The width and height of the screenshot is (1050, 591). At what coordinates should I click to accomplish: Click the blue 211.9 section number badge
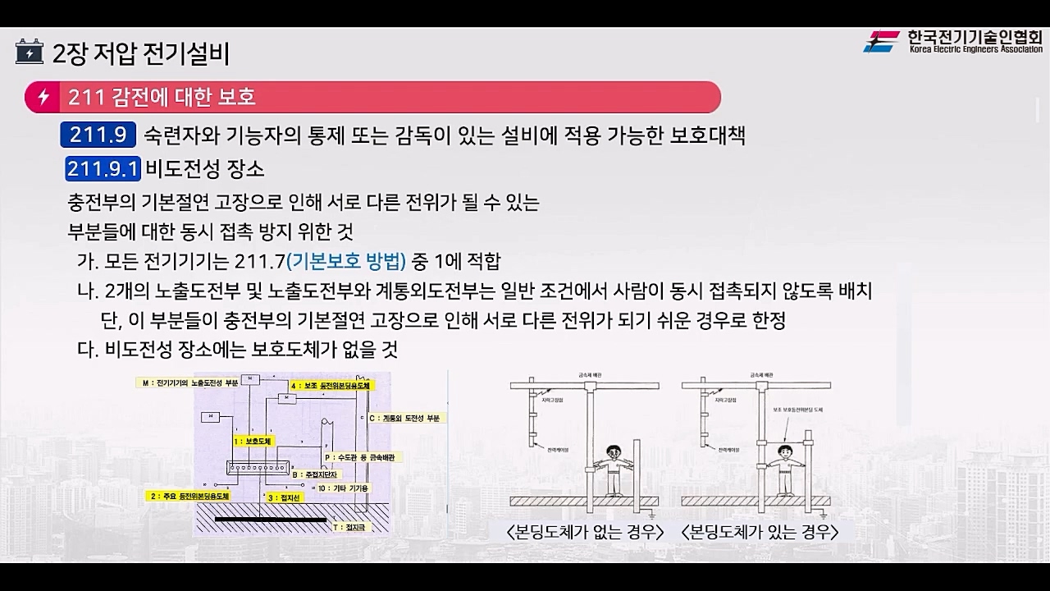[98, 135]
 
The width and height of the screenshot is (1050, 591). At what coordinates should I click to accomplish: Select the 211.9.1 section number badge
[103, 169]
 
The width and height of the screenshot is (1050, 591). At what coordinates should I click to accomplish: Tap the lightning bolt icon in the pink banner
[43, 97]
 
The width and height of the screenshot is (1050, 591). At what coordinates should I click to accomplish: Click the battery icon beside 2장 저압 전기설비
[30, 53]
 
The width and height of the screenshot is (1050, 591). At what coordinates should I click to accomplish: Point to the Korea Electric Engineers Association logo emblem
[882, 41]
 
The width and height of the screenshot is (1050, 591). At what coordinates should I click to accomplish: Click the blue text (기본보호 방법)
[346, 262]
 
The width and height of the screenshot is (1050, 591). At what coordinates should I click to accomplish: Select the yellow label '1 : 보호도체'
[251, 442]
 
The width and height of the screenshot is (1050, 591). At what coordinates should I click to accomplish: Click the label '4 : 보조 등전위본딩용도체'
[331, 384]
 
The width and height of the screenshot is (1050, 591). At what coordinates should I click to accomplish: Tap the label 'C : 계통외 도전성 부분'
[405, 418]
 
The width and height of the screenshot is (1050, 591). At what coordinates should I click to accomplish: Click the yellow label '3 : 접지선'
[282, 497]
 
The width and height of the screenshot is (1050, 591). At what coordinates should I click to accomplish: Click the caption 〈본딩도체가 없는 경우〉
[586, 532]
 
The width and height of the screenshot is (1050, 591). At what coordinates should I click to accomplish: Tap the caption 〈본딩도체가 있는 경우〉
[760, 532]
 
